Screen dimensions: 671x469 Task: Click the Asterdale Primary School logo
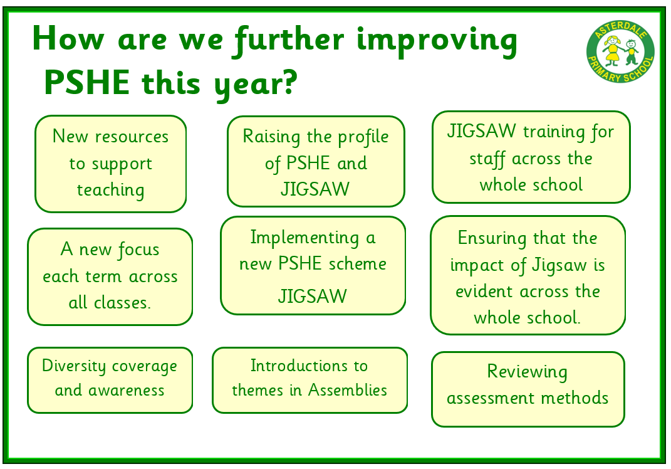pyautogui.click(x=620, y=52)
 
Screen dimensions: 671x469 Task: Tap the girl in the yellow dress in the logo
pyautogui.click(x=612, y=51)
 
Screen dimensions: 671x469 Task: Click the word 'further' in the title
pyautogui.click(x=289, y=40)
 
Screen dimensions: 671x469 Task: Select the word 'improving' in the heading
pyautogui.click(x=437, y=41)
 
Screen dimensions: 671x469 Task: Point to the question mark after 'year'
pyautogui.click(x=289, y=82)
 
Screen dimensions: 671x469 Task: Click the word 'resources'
pyautogui.click(x=132, y=137)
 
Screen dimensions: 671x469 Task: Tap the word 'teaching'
pyautogui.click(x=110, y=190)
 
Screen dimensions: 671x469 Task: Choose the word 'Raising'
pyautogui.click(x=271, y=137)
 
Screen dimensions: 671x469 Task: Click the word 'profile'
pyautogui.click(x=363, y=137)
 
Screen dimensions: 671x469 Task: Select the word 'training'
pyautogui.click(x=554, y=132)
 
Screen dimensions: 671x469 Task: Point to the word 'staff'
pyautogui.click(x=487, y=159)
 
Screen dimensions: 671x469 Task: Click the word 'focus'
pyautogui.click(x=138, y=250)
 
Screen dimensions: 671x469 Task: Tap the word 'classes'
pyautogui.click(x=122, y=303)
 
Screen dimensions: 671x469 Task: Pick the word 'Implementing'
pyautogui.click(x=304, y=238)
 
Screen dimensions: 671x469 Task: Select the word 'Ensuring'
pyautogui.click(x=492, y=238)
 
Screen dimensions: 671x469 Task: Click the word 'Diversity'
pyautogui.click(x=73, y=366)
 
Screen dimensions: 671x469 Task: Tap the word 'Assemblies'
pyautogui.click(x=348, y=390)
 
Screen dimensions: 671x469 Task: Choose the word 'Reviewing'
pyautogui.click(x=528, y=372)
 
